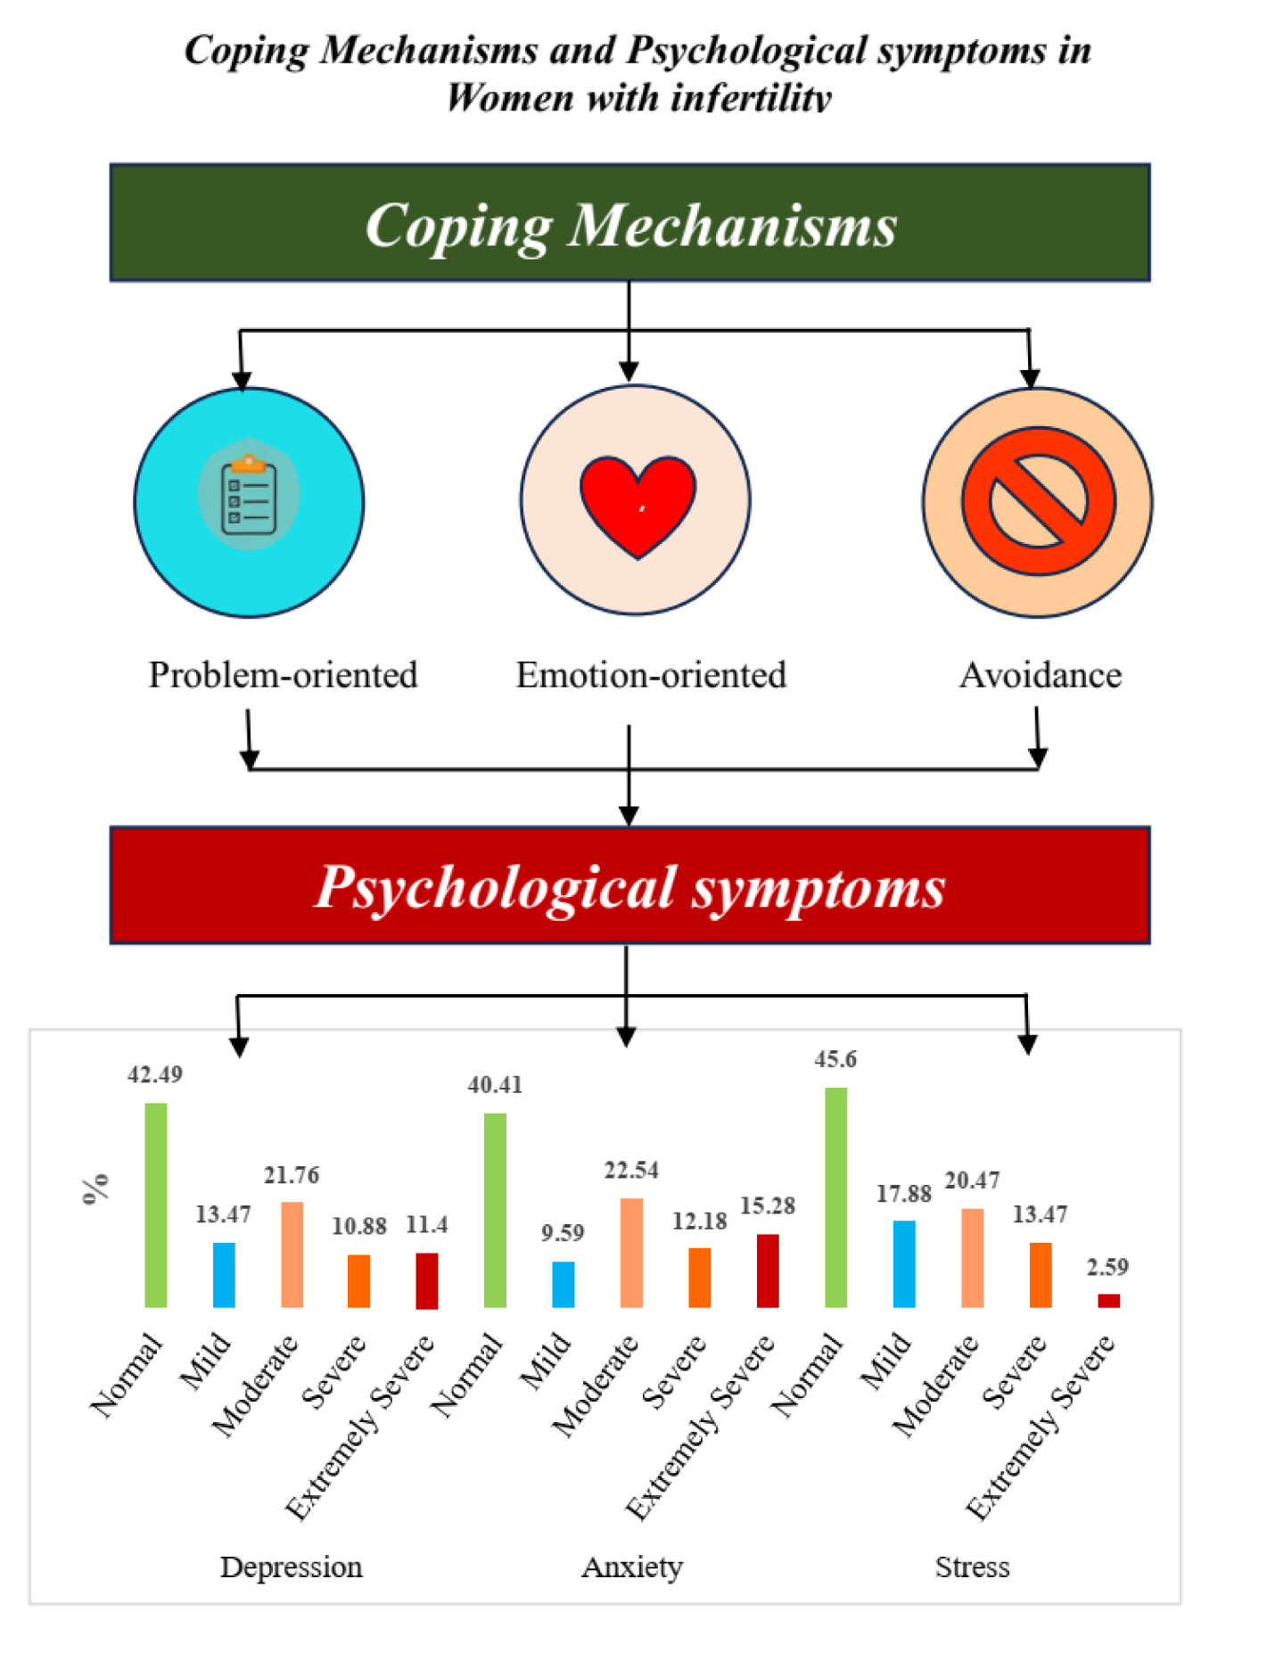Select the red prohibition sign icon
coord(1038,500)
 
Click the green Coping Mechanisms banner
coord(630,223)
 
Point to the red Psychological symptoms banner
coord(630,885)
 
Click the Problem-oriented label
coord(283,675)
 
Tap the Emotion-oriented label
coord(651,675)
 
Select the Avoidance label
coord(1041,675)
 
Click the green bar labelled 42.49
coord(156,1205)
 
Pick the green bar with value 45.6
coord(836,1197)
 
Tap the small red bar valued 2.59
coord(1108,1301)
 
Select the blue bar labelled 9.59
coord(564,1285)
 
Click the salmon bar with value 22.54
coord(631,1253)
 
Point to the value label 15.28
coord(768,1205)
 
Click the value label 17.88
coord(903,1194)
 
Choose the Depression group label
coord(292,1567)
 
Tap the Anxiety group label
coord(632,1567)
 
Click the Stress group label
coord(973,1567)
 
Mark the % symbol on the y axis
coord(95,1189)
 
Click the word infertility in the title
coord(752,97)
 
